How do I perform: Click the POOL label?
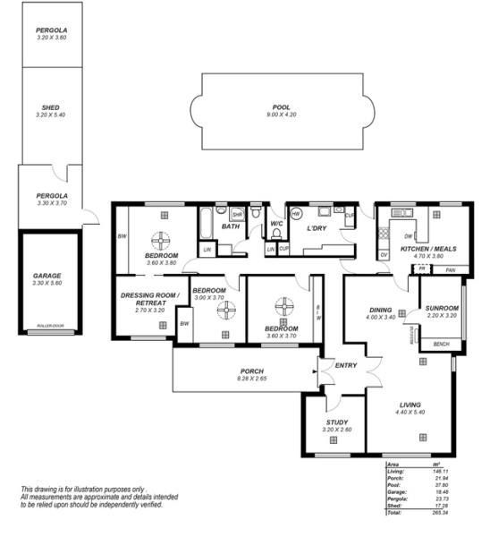point(281,108)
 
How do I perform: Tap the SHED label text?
point(51,108)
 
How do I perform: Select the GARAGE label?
point(48,276)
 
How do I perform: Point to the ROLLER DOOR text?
point(48,327)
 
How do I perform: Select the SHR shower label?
point(237,215)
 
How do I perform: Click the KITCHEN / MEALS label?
point(422,248)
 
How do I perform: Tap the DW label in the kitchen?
point(408,236)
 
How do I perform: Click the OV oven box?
point(384,255)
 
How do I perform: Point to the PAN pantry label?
point(452,269)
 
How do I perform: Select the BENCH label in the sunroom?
point(441,344)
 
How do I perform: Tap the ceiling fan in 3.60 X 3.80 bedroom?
point(161,241)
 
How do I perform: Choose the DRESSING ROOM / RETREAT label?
point(150,299)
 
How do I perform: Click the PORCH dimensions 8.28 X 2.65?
point(251,379)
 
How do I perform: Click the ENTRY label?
point(345,365)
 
